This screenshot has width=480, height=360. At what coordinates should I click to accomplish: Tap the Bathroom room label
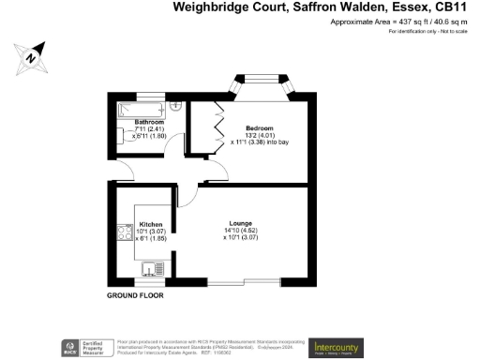tap(149, 123)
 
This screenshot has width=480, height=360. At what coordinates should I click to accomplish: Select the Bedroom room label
tap(260, 127)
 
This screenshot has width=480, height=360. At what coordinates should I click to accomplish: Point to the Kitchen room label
tap(151, 225)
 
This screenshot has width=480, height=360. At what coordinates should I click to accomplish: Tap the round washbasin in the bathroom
tap(173, 106)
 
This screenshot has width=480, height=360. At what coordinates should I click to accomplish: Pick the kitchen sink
tap(150, 270)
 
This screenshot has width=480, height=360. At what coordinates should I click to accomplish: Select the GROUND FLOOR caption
tap(135, 294)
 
